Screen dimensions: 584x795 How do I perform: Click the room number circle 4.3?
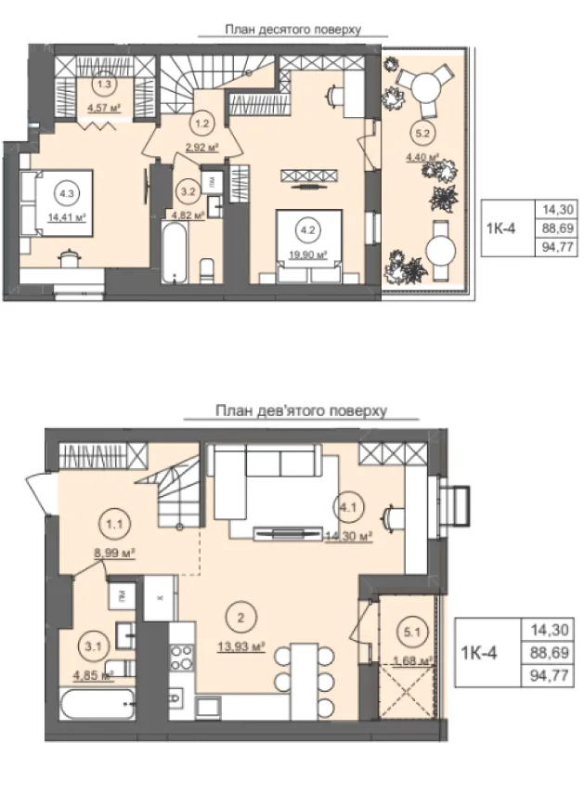click(66, 193)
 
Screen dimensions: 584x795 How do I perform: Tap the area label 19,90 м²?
click(307, 255)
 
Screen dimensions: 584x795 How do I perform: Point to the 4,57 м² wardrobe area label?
click(104, 108)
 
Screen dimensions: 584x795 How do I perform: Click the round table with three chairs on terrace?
click(425, 87)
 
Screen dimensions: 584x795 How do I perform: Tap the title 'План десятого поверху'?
click(293, 30)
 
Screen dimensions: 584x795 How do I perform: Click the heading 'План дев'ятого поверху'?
click(301, 411)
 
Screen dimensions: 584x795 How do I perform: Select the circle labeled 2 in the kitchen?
click(241, 618)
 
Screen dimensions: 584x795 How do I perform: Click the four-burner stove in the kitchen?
click(182, 658)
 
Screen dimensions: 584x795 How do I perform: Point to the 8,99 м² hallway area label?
click(114, 554)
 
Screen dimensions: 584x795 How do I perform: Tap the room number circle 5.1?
click(412, 632)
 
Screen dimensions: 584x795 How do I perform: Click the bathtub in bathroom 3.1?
click(97, 703)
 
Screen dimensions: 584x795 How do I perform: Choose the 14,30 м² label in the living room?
click(349, 537)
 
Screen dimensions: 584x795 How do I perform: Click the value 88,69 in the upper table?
click(557, 228)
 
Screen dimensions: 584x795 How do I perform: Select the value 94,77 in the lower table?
click(550, 675)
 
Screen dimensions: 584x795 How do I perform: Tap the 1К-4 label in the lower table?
click(479, 653)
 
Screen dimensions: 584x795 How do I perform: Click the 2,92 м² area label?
click(201, 148)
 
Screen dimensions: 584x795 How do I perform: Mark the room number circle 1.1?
click(115, 524)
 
